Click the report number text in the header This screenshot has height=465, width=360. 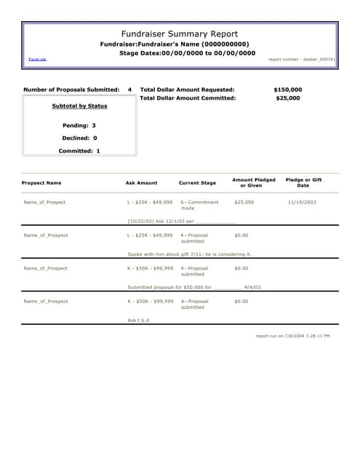tap(302, 59)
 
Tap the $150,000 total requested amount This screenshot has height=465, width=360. tap(287, 89)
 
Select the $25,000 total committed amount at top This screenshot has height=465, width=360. tap(288, 97)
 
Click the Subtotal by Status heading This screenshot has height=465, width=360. tap(79, 106)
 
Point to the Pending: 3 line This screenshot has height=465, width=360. tap(79, 125)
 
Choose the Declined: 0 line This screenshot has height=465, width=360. tap(79, 137)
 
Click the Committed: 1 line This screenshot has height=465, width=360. tap(79, 150)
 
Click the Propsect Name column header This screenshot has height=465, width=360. tap(41, 183)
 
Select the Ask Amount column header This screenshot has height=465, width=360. tap(141, 183)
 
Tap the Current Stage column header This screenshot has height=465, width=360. tap(197, 183)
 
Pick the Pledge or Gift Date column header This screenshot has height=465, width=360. tap(303, 182)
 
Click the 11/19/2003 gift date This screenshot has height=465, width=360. tap(302, 202)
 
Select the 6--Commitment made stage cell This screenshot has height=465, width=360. tap(199, 205)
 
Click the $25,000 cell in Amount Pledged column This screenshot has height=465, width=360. tap(244, 202)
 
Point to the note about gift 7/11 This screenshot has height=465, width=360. tap(189, 254)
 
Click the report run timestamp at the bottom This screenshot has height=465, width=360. tap(292, 336)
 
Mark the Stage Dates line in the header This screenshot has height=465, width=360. tap(187, 53)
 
